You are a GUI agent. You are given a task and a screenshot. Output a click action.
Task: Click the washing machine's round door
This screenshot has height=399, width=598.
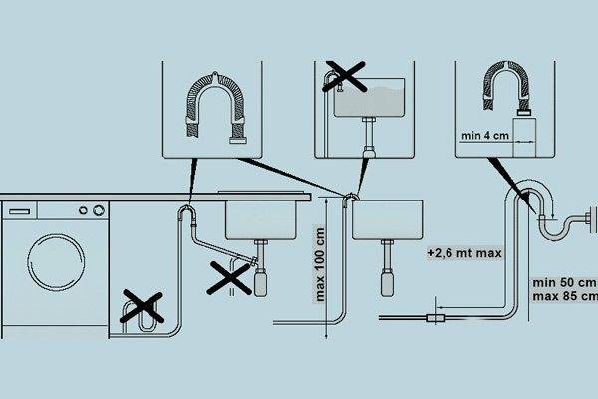pyautogui.click(x=56, y=262)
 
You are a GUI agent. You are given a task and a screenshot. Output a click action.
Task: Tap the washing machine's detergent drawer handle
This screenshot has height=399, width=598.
pyautogui.click(x=20, y=211)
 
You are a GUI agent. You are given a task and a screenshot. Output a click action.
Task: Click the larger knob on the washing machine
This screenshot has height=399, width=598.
pyautogui.click(x=99, y=210)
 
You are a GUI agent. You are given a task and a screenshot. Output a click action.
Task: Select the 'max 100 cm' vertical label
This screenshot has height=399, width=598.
pyautogui.click(x=320, y=264)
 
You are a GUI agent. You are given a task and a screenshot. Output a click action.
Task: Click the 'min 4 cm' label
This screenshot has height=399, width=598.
pyautogui.click(x=485, y=136)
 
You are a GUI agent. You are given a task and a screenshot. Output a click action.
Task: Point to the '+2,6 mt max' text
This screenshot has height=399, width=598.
pyautogui.click(x=464, y=253)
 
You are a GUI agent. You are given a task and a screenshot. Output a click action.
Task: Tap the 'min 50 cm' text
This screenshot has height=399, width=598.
pyautogui.click(x=564, y=283)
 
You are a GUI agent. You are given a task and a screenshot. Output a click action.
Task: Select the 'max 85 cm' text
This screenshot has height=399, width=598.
pyautogui.click(x=565, y=296)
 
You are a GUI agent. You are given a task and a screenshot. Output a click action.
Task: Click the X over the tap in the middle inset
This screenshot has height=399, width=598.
pyautogui.click(x=345, y=77)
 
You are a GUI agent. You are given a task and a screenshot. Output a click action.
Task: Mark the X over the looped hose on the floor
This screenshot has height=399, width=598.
pyautogui.click(x=142, y=307)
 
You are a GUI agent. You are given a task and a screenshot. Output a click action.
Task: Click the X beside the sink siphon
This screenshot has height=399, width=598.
pyautogui.click(x=229, y=278)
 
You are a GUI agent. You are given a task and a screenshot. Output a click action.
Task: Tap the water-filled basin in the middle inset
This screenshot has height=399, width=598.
pyautogui.click(x=369, y=98)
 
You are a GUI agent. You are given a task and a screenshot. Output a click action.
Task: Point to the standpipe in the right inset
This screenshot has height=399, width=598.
pyautogui.click(x=524, y=138)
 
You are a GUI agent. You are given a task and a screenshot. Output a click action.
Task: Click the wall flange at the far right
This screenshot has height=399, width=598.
pyautogui.click(x=594, y=220)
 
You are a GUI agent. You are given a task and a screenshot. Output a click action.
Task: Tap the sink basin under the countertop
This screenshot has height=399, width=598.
pyautogui.click(x=261, y=220)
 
